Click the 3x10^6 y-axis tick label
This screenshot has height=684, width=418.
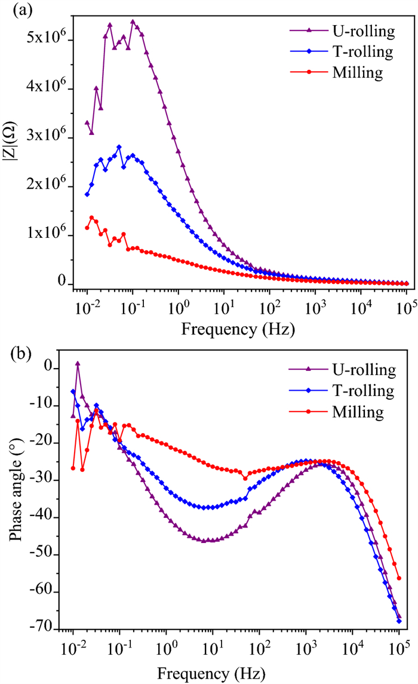click(x=44, y=138)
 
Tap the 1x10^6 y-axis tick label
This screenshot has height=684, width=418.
click(x=44, y=235)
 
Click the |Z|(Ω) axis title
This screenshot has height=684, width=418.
click(x=13, y=160)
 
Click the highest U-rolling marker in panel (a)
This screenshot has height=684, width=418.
click(x=133, y=22)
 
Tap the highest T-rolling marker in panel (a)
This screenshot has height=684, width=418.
click(x=119, y=147)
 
